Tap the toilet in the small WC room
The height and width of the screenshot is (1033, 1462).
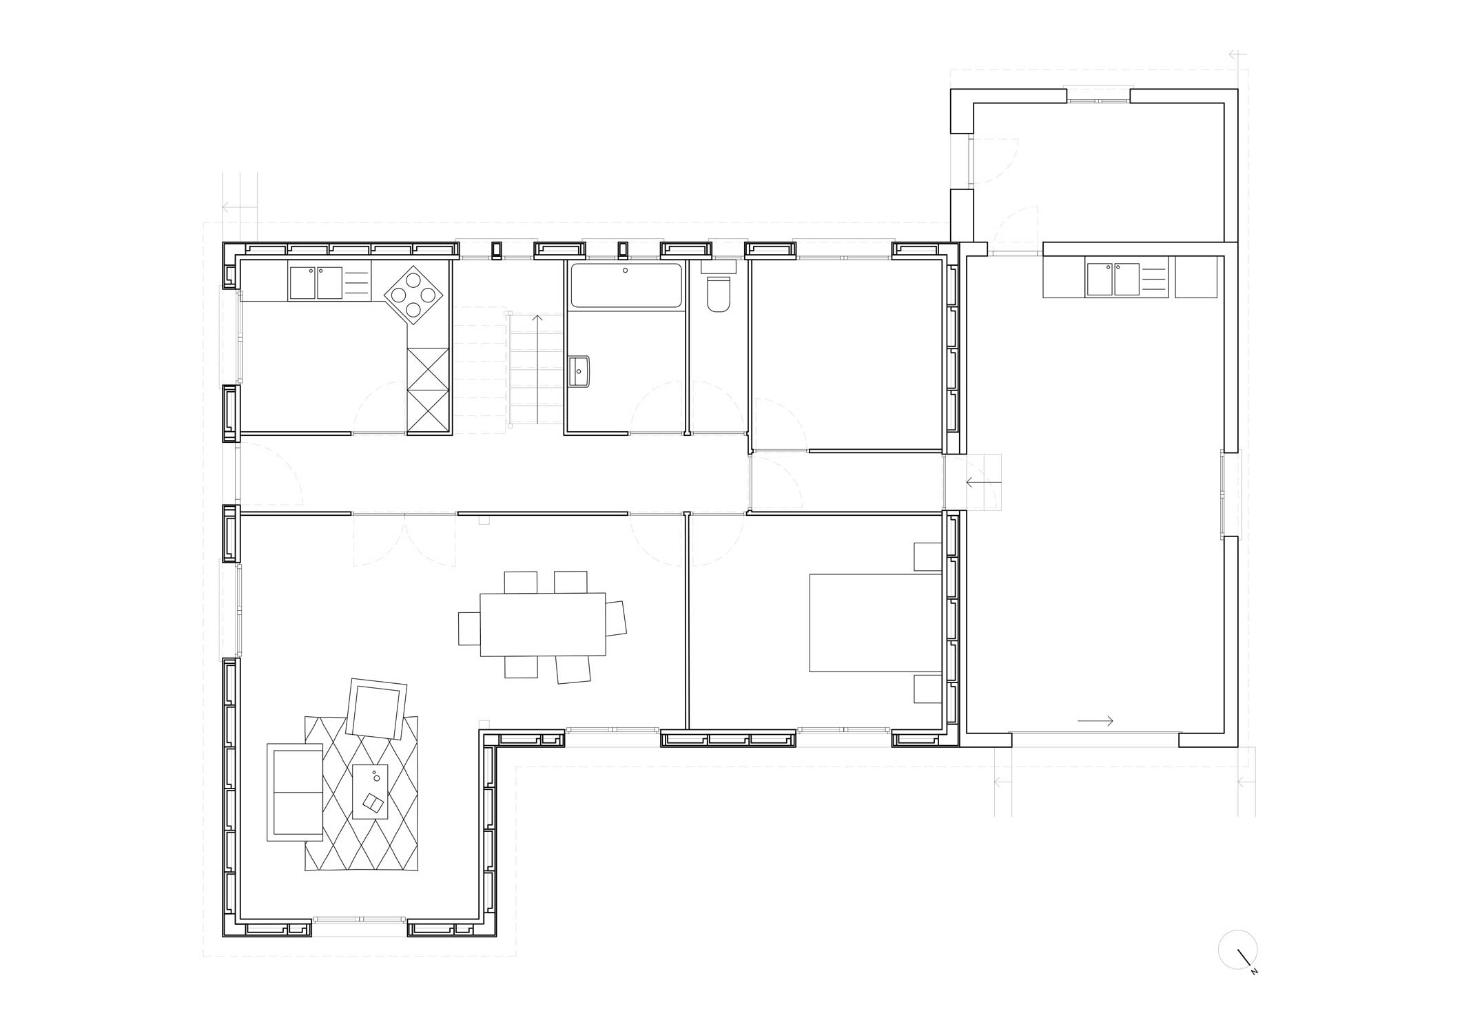tap(719, 294)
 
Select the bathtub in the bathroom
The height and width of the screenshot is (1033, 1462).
tap(626, 285)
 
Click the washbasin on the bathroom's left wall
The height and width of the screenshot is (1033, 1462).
tap(579, 372)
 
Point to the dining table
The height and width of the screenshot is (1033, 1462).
tap(543, 624)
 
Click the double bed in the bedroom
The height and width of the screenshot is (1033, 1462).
tap(875, 623)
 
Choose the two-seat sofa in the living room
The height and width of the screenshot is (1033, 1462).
tap(295, 792)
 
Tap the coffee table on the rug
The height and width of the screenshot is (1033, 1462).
tap(370, 791)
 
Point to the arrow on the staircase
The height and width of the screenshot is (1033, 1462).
tap(537, 369)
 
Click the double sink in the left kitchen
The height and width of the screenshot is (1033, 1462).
tap(316, 283)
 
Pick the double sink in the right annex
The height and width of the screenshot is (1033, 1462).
tap(1113, 279)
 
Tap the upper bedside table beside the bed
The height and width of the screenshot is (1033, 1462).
tap(928, 556)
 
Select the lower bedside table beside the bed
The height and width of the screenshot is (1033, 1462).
tap(928, 689)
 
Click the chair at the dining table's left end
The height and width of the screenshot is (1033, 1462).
tap(469, 628)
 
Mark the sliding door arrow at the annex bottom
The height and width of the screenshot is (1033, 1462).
tap(1095, 721)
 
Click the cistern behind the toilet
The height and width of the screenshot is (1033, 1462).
tap(719, 267)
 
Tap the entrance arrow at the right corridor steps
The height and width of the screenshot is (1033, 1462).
tap(982, 483)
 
